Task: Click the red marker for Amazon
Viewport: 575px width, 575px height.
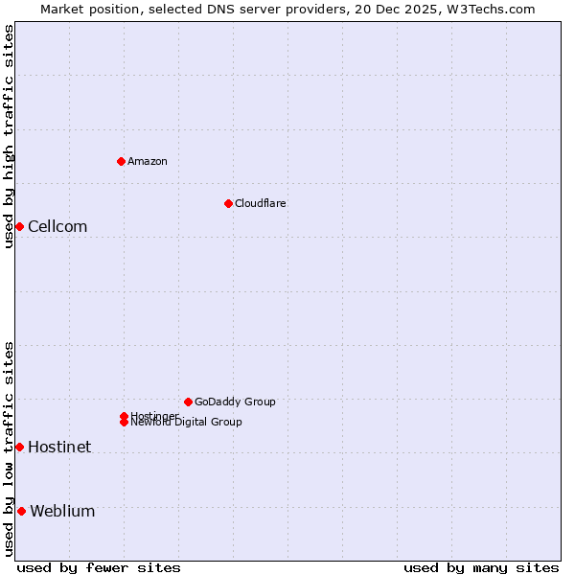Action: (121, 161)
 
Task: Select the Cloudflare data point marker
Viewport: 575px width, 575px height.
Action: (228, 203)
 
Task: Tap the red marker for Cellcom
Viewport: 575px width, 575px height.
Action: (19, 226)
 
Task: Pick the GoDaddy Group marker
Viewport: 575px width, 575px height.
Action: (188, 402)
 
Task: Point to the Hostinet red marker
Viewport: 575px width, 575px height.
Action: (19, 447)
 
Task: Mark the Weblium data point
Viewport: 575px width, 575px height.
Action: (21, 511)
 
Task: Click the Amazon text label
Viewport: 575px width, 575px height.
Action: (148, 161)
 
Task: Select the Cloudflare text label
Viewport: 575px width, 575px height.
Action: (261, 203)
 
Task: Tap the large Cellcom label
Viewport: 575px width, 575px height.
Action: (57, 227)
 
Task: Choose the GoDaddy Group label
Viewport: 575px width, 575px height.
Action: (235, 402)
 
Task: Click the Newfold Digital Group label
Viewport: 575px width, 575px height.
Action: (187, 422)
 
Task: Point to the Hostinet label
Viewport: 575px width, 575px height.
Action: (59, 448)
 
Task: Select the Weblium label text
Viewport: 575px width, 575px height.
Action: (62, 512)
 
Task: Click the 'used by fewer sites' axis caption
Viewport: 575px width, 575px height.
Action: (99, 567)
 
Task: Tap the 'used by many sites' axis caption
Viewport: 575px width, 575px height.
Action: (481, 567)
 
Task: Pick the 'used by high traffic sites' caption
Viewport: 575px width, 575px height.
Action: (9, 136)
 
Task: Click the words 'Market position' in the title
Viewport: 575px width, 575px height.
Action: (83, 9)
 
